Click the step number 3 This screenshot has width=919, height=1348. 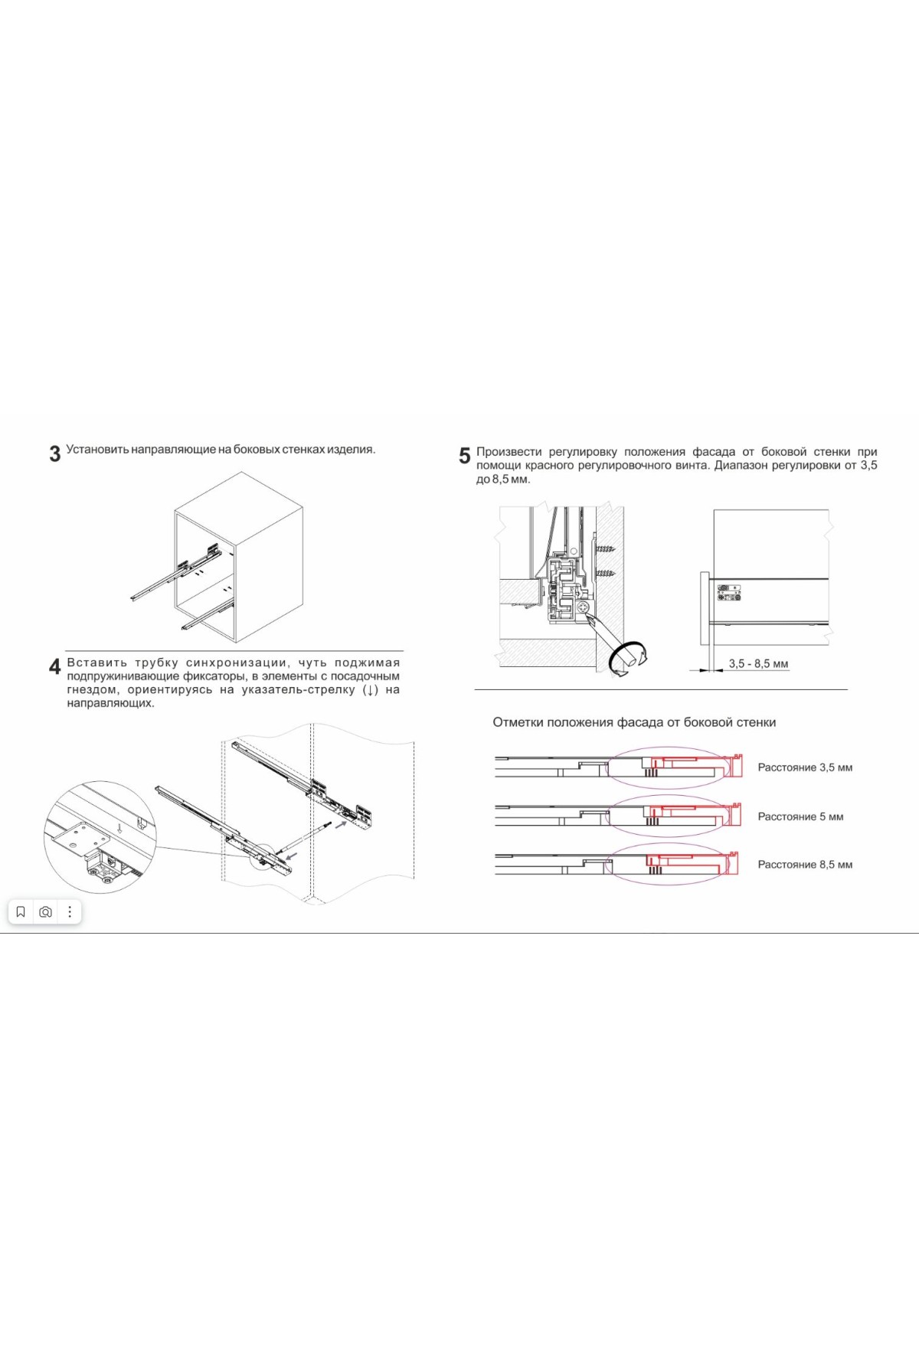click(x=55, y=454)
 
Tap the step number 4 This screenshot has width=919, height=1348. click(x=55, y=666)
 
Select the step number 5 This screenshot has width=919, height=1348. click(x=464, y=456)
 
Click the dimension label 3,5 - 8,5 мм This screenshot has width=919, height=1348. click(x=758, y=664)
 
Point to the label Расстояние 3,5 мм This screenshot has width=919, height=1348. click(x=805, y=767)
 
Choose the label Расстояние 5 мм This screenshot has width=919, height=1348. click(x=800, y=816)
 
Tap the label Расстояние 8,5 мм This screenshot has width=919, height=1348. click(x=805, y=865)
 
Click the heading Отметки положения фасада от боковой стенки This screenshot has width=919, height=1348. click(x=634, y=722)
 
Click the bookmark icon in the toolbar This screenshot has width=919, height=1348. click(x=21, y=911)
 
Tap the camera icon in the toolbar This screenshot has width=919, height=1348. click(x=45, y=911)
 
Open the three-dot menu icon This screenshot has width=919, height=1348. click(x=70, y=911)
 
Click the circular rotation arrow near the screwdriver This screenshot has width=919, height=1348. click(x=628, y=658)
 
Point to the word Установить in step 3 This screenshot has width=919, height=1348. click(x=96, y=450)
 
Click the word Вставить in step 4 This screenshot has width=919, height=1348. click(x=96, y=663)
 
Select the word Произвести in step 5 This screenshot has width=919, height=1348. click(x=509, y=452)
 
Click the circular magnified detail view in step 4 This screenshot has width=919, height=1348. click(x=100, y=837)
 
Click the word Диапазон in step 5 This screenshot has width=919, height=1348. click(x=740, y=466)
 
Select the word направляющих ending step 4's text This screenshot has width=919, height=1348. click(x=110, y=703)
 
